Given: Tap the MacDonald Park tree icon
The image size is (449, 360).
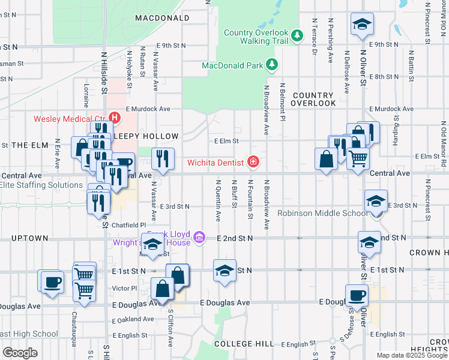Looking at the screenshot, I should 272,64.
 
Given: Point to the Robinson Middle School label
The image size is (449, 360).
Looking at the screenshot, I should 322,214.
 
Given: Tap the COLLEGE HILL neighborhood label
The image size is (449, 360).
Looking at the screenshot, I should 244,344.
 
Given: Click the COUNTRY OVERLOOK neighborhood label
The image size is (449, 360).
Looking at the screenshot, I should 313,100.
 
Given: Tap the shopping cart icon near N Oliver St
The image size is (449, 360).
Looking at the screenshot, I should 358,158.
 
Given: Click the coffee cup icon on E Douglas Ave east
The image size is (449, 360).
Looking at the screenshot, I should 357,295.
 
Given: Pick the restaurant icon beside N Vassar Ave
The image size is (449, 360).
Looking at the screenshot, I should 162,158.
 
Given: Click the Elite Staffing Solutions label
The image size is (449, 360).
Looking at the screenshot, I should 41,185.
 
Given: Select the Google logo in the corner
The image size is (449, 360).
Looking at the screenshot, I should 19,353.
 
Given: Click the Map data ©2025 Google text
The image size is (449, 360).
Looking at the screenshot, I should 412,355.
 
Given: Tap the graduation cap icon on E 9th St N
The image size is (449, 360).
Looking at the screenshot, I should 361,24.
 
